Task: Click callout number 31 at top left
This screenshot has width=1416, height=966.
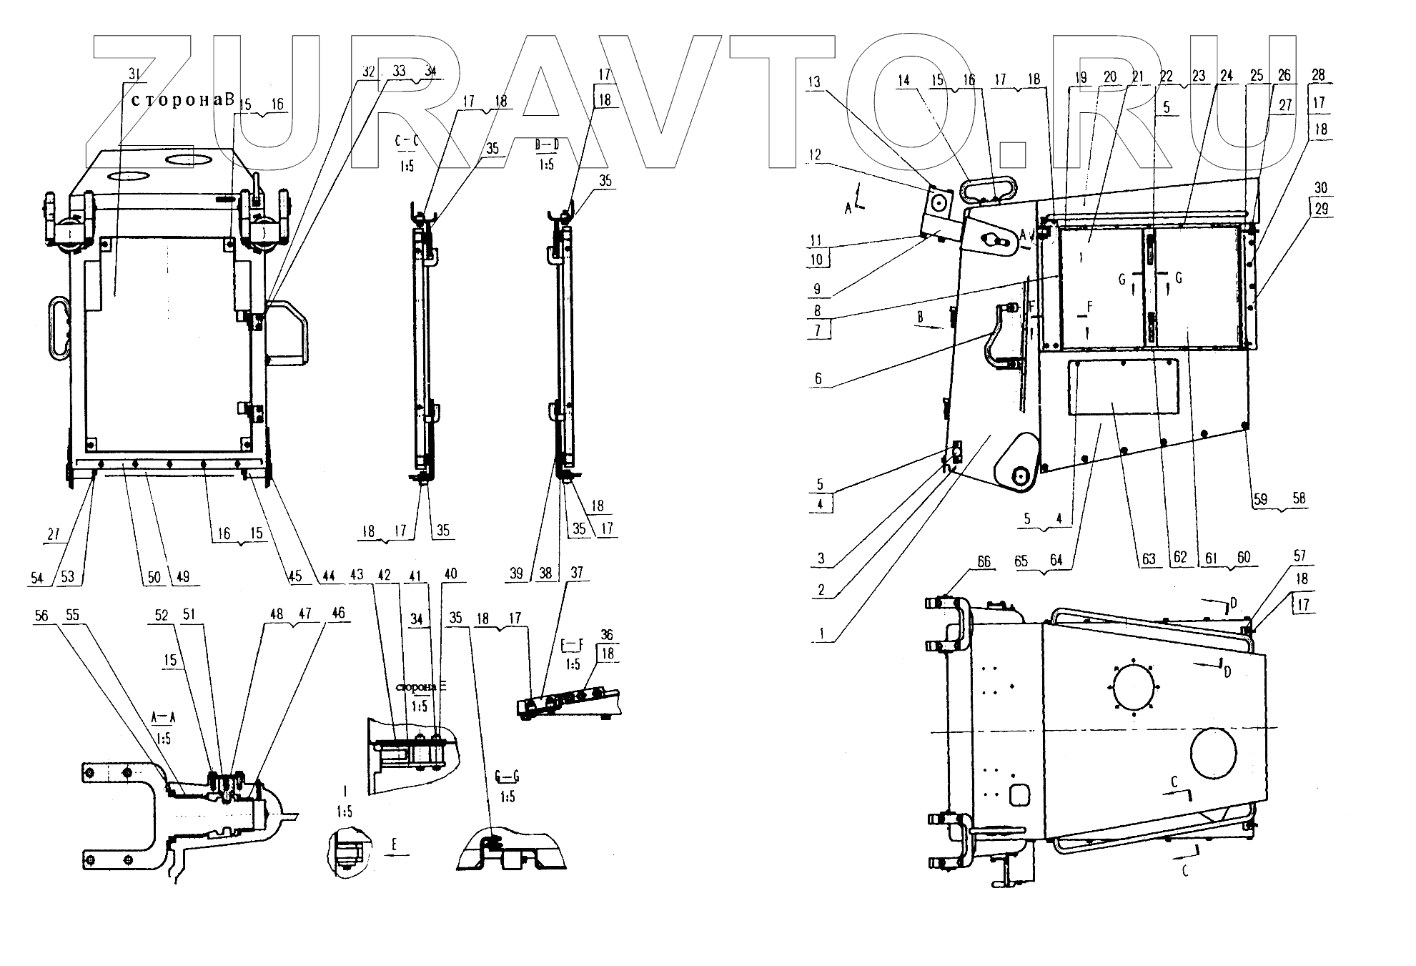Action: click(134, 74)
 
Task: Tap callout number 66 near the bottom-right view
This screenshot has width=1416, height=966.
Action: click(984, 562)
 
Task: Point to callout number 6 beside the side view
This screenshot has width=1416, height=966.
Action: click(818, 379)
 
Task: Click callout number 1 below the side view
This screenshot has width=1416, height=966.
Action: click(821, 634)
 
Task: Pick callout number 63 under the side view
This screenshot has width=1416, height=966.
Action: click(1148, 559)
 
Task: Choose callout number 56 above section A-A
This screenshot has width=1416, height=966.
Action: click(42, 615)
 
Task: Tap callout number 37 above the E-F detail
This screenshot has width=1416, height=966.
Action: click(576, 573)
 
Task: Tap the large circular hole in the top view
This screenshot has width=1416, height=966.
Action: click(1213, 763)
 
